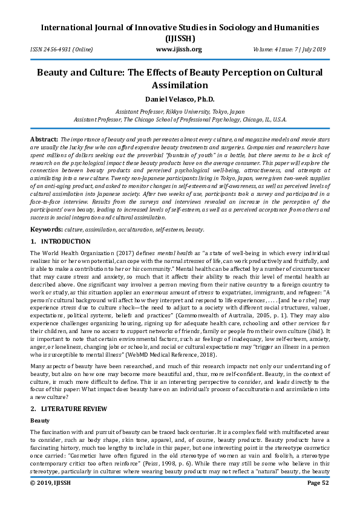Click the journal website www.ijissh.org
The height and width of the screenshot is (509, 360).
tap(178, 50)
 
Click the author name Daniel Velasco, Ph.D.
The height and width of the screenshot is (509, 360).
tap(179, 99)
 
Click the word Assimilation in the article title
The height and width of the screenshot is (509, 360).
tap(179, 85)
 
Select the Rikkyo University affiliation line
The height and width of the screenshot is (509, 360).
tap(179, 111)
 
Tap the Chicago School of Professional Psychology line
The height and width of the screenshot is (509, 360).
tap(179, 120)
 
